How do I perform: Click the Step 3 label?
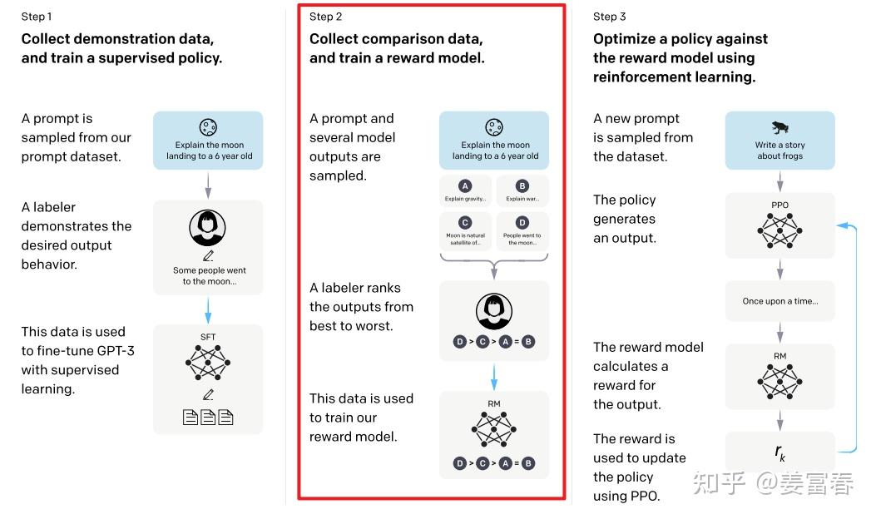pos(610,17)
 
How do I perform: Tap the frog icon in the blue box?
pos(780,127)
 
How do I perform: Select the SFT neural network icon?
pos(208,363)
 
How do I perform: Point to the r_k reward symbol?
pos(780,452)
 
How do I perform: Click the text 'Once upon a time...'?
pos(780,301)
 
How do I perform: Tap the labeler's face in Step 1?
pos(208,226)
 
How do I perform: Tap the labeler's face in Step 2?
pos(494,312)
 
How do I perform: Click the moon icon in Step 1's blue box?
pos(208,127)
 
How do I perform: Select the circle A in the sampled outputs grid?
pos(465,186)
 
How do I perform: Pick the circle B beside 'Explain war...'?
pos(522,186)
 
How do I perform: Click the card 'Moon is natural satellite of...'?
pos(465,230)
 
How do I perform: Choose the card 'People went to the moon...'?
pos(522,230)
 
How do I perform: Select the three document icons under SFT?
pos(208,417)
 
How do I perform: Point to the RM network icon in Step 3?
pos(780,380)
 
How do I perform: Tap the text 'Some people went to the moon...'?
pos(209,275)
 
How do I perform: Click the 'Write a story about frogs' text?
pos(780,150)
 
